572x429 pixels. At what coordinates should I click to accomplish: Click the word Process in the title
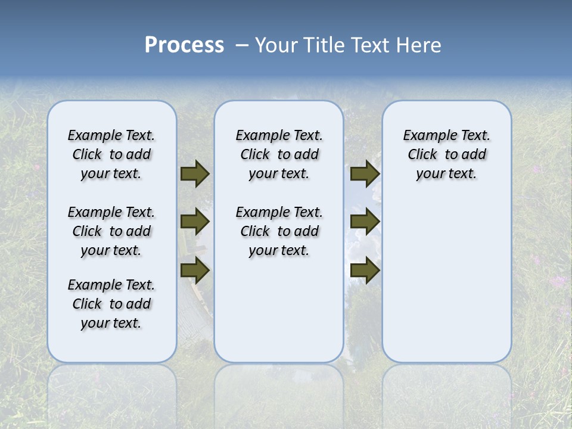click(x=184, y=45)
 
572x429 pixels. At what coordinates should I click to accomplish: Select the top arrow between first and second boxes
click(x=195, y=173)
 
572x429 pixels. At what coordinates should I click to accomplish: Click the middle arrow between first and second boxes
click(x=195, y=222)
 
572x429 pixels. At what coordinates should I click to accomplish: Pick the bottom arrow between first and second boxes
click(x=195, y=271)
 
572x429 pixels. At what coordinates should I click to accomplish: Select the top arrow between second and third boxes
click(x=365, y=173)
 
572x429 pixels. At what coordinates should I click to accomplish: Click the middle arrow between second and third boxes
click(x=365, y=222)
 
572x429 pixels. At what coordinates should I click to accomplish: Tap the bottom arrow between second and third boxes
click(x=365, y=271)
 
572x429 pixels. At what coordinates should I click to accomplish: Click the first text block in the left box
click(x=111, y=154)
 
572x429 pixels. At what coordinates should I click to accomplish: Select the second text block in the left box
click(x=111, y=231)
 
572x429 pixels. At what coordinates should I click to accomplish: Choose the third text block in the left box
click(x=111, y=304)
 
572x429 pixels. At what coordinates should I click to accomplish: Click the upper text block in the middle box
click(x=279, y=154)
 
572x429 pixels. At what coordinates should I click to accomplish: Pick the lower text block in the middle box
click(x=279, y=231)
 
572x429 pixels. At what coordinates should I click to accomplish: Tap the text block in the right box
click(x=446, y=154)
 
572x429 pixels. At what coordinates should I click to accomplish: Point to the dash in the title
click(x=242, y=45)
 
